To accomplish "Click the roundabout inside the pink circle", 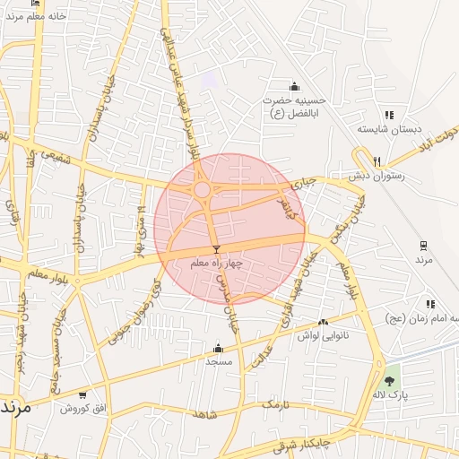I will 203,190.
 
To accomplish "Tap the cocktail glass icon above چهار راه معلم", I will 215,249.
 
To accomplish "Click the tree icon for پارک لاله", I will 388,381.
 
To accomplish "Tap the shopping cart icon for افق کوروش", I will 83,394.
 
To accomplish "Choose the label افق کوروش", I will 82,408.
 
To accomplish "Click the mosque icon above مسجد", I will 219,349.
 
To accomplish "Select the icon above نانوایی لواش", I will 323,321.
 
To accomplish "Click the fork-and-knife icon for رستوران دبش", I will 377,162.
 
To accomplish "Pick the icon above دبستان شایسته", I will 389,115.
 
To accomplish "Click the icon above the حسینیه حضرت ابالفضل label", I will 295,87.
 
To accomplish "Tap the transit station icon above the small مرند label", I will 423,245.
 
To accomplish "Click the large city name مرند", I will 16,405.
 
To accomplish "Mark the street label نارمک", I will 275,406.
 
